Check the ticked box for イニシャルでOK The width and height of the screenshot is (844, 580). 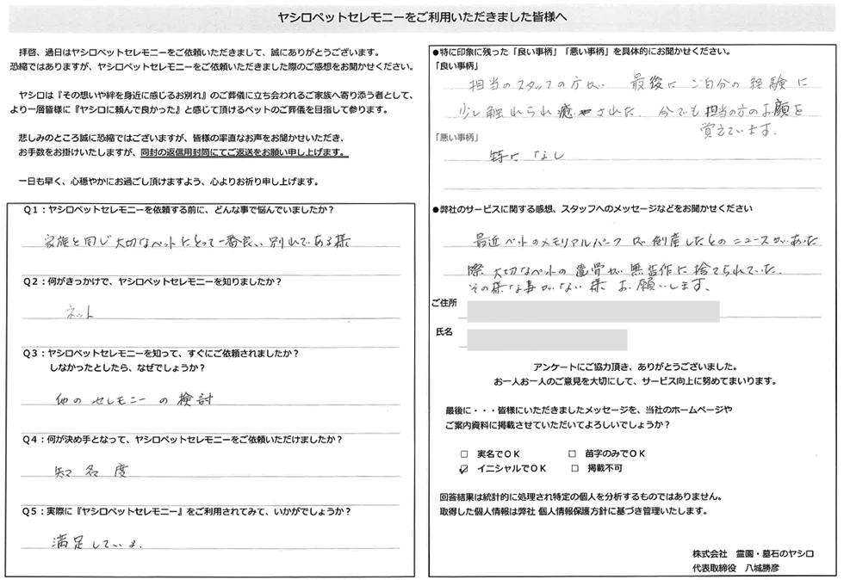(464, 469)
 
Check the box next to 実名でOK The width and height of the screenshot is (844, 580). (464, 453)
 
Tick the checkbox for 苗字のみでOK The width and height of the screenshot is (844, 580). (573, 453)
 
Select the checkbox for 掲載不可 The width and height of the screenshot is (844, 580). (573, 469)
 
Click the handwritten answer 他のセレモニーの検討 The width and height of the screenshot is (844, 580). (125, 399)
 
